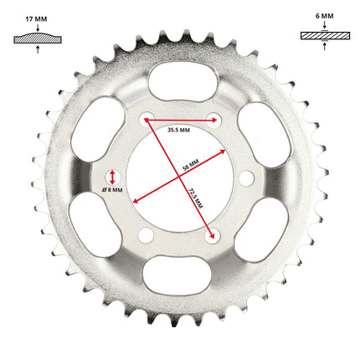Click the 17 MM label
36,19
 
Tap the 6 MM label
325,16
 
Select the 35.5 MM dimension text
178,130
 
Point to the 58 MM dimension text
191,165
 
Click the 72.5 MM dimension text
196,198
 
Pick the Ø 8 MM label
112,190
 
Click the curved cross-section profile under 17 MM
38,38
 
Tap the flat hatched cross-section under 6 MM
325,36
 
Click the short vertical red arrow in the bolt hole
112,177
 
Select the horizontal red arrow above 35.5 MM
180,121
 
